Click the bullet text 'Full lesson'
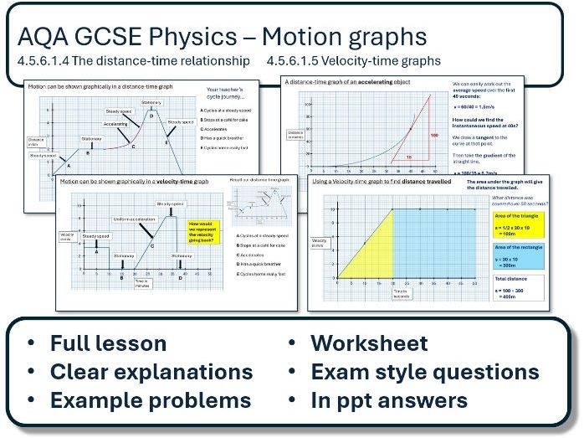108,343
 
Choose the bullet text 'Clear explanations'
151,371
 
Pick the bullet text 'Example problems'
150,399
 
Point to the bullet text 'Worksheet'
369,343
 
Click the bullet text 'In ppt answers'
389,399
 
